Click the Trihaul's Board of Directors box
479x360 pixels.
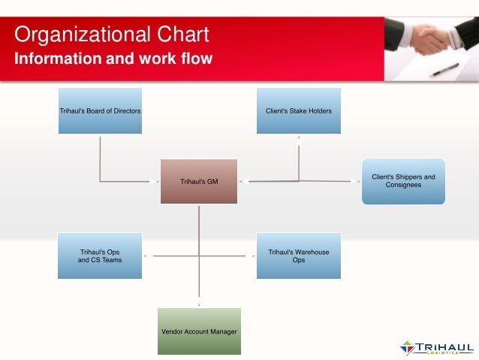[x=100, y=110]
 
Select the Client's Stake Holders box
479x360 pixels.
[x=298, y=110]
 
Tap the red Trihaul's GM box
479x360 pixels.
[x=199, y=181]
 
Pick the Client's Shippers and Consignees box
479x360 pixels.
[x=403, y=181]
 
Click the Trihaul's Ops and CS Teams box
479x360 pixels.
[x=100, y=256]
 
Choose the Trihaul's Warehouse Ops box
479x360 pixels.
[x=298, y=256]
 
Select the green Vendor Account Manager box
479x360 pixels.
[x=199, y=331]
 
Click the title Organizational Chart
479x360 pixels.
[x=112, y=35]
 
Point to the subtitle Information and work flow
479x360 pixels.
[x=113, y=58]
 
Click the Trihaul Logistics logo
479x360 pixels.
[x=436, y=348]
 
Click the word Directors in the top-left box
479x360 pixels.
[x=126, y=110]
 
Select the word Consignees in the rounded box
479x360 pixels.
[x=403, y=185]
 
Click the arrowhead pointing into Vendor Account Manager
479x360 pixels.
[x=199, y=304]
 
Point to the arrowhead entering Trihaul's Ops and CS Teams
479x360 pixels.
[x=146, y=256]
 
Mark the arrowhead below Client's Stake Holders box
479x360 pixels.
[x=298, y=138]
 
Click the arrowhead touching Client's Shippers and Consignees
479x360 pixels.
[x=357, y=181]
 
